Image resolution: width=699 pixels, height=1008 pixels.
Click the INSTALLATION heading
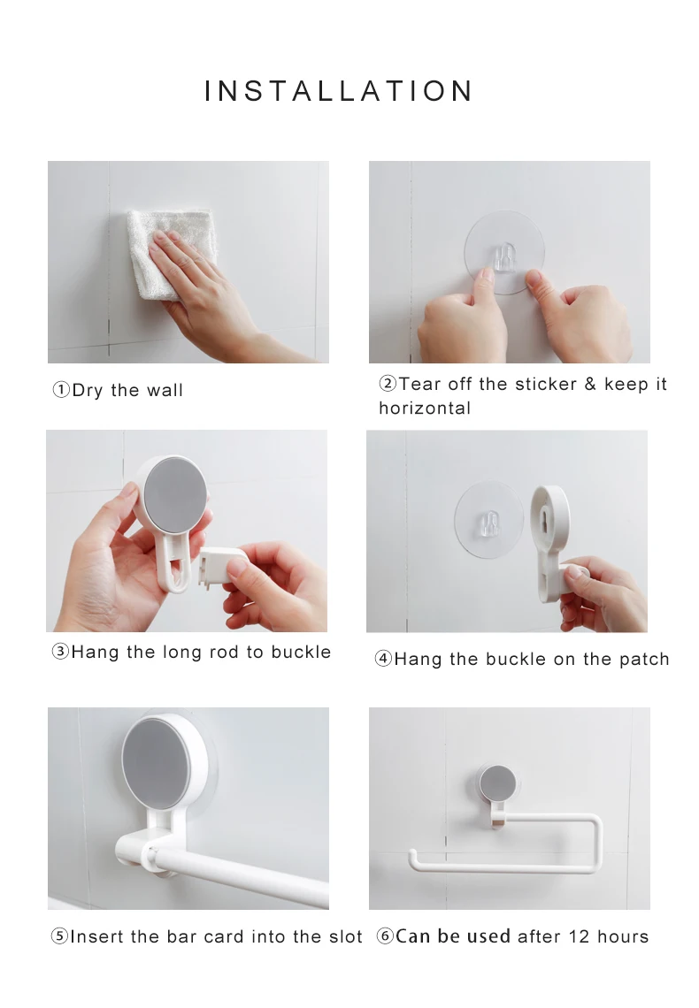[338, 91]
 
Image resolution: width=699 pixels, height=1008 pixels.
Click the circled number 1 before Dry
[61, 390]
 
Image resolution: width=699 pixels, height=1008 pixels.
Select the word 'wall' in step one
[165, 390]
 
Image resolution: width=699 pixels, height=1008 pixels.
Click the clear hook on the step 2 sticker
[504, 256]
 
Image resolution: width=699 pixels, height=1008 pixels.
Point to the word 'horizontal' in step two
[425, 409]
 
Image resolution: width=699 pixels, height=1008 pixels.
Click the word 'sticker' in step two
[546, 384]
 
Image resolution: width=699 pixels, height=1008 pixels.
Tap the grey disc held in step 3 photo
[175, 494]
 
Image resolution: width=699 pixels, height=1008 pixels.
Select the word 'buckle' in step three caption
[301, 652]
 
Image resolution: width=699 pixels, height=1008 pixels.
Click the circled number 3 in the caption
[60, 652]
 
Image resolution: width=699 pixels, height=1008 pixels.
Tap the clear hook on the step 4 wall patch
[490, 523]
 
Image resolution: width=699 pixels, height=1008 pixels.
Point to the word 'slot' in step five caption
[346, 936]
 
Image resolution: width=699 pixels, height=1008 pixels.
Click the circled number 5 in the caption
[59, 936]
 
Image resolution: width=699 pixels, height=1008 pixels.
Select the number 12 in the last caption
[579, 936]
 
